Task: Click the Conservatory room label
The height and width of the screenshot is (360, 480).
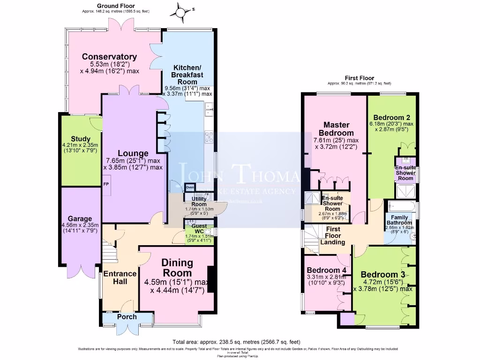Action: pos(110,57)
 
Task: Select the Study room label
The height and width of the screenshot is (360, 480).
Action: pos(81,139)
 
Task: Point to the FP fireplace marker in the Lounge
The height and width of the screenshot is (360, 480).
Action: pos(106,184)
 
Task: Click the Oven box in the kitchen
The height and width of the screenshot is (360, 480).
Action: pos(190,187)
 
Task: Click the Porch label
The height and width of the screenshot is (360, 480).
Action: pos(127,317)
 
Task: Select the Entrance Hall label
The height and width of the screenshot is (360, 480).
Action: pos(120,277)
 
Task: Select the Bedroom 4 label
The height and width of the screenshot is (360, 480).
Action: pos(326,270)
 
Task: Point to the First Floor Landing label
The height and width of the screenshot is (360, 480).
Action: pos(333,236)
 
